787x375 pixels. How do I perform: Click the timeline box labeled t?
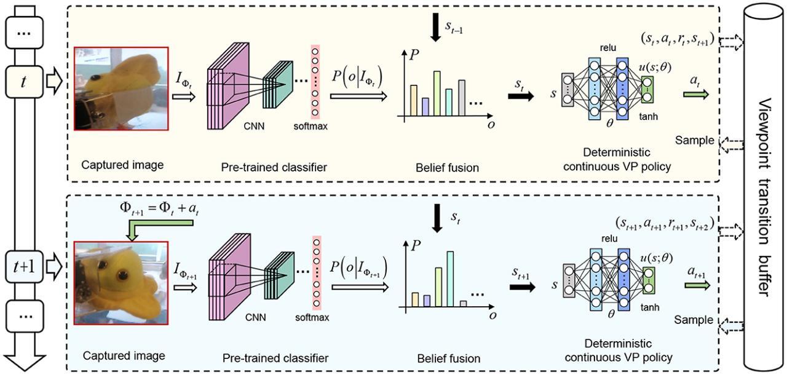tap(23, 82)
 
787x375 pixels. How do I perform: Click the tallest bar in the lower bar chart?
tap(450, 278)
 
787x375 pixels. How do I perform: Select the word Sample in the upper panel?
tap(694, 140)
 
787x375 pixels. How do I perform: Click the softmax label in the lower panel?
tap(312, 318)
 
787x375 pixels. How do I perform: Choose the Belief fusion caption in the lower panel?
tap(449, 358)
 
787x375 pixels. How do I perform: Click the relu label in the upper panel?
tap(607, 47)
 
